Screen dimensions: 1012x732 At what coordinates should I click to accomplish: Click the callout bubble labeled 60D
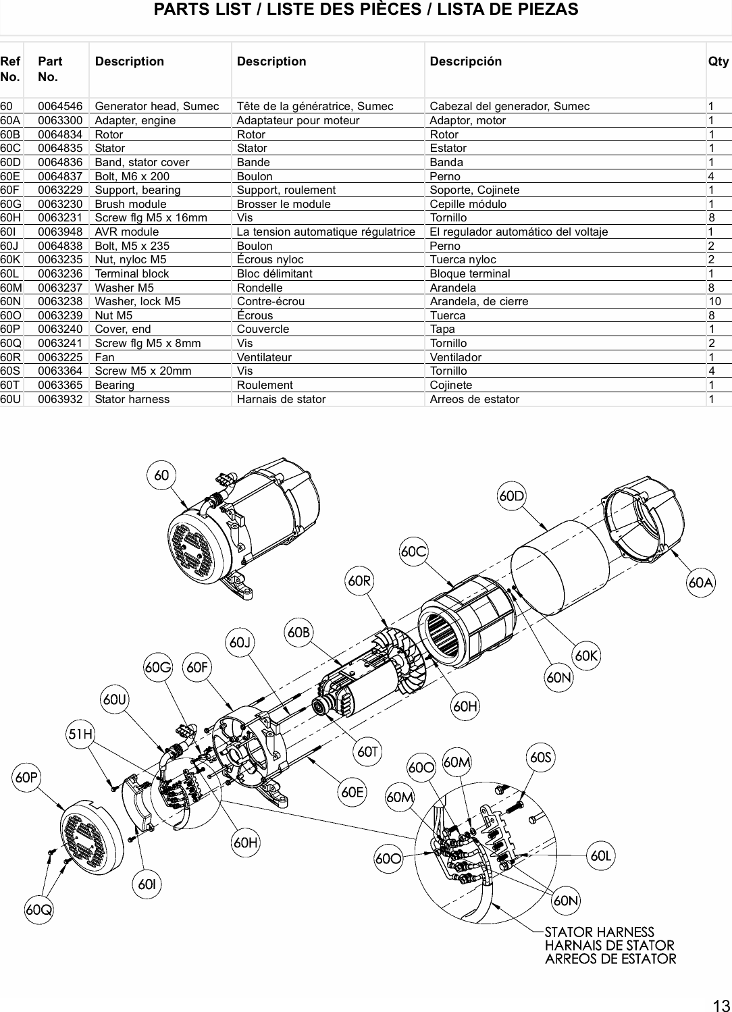(511, 496)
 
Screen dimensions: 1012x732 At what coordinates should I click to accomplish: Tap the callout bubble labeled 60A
(701, 583)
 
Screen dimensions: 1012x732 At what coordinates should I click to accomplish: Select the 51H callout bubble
(80, 735)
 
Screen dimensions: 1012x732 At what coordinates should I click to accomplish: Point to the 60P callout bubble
(26, 778)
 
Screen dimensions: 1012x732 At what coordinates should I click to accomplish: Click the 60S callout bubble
(541, 757)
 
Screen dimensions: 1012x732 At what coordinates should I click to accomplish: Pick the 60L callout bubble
(601, 856)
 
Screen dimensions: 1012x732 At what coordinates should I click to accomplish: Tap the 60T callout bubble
(369, 751)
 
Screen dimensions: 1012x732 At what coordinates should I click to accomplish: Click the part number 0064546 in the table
(60, 106)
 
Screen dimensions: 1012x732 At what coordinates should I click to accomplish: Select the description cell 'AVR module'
(127, 232)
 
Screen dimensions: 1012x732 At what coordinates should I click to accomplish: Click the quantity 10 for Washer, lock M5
(714, 301)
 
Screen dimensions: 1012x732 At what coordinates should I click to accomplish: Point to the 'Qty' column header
(718, 61)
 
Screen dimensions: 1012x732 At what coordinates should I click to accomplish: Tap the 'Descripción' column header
(465, 61)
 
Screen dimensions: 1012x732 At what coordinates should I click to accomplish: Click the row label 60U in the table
(10, 399)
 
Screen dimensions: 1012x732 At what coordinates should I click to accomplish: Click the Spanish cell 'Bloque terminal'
(469, 273)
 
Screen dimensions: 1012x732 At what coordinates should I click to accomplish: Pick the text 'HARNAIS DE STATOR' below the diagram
(609, 945)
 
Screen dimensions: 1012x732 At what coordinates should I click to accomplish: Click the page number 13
(719, 1004)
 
